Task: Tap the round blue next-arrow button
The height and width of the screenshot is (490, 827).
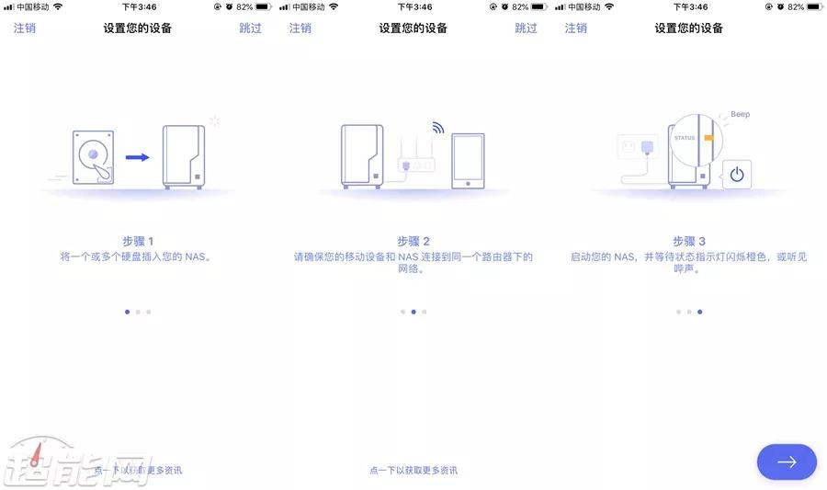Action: coord(787,462)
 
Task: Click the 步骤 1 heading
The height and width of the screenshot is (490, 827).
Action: coord(138,241)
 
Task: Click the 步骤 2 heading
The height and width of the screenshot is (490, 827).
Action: coord(413,241)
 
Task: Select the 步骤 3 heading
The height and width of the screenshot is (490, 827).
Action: coord(689,241)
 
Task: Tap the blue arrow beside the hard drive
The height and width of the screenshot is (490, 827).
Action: coord(137,157)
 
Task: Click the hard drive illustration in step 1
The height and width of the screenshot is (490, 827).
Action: coord(93,157)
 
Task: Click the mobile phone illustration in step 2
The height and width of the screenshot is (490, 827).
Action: coord(468,161)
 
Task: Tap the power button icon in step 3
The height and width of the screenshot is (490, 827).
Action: coord(737,174)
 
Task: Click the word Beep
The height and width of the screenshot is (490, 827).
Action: coord(740,114)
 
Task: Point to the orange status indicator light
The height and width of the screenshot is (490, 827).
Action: coord(708,138)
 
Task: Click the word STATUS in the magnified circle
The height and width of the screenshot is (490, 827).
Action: coord(684,138)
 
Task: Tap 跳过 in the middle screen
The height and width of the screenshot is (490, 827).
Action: coord(526,28)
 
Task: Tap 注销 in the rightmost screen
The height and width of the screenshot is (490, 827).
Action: coord(575,28)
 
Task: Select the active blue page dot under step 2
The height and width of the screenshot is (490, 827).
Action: coord(413,312)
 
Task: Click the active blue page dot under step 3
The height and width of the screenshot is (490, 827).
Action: coord(700,312)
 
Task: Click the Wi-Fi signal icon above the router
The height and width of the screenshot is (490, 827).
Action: coord(438,127)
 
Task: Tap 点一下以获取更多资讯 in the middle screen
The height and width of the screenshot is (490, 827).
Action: coord(413,470)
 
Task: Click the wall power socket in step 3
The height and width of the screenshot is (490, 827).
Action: coord(629,146)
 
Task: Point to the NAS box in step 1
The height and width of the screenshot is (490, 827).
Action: coord(184,156)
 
